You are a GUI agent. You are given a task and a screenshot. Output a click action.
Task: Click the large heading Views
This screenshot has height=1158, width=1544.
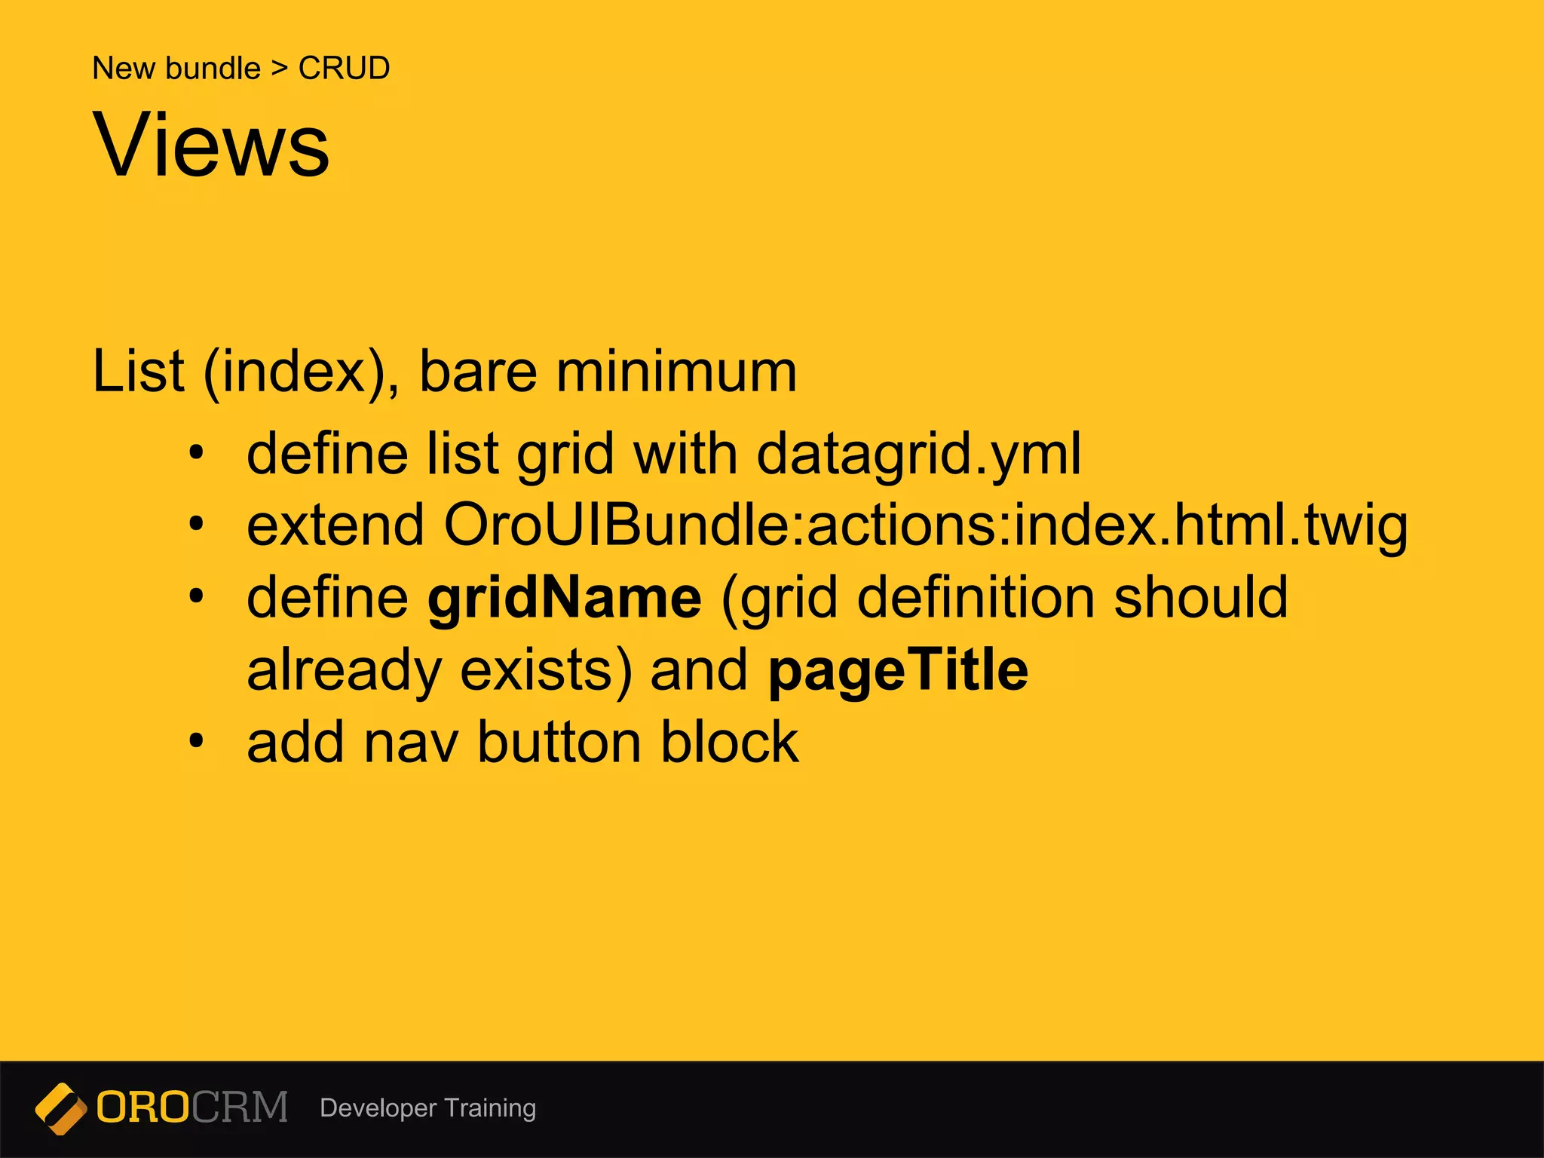click(211, 145)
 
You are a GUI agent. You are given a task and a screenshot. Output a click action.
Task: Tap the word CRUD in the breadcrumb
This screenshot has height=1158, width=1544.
click(344, 69)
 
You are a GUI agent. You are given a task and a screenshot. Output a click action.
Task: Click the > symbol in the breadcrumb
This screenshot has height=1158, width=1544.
click(280, 69)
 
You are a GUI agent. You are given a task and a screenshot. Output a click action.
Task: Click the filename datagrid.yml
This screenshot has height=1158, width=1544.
click(918, 455)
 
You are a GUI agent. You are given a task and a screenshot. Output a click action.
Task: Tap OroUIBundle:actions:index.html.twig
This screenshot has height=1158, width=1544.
click(925, 525)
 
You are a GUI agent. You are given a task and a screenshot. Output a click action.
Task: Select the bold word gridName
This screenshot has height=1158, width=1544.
click(565, 599)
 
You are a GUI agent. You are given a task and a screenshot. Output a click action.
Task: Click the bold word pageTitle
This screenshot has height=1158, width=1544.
click(898, 670)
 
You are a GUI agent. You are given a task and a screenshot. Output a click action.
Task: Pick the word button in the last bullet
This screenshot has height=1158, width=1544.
click(559, 743)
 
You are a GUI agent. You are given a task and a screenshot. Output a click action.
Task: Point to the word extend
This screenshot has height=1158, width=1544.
click(335, 525)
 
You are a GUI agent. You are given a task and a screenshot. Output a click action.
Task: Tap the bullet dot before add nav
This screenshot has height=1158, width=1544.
click(197, 741)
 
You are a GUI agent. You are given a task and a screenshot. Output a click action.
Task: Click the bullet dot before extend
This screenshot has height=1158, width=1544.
click(197, 523)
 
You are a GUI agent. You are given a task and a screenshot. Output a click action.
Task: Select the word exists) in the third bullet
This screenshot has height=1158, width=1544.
click(546, 670)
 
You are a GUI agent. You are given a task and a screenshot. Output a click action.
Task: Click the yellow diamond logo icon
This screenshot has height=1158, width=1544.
click(61, 1108)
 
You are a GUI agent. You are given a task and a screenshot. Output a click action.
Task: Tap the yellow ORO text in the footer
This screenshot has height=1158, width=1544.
click(142, 1108)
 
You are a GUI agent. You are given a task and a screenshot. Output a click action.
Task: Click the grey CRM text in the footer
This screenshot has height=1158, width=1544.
click(240, 1108)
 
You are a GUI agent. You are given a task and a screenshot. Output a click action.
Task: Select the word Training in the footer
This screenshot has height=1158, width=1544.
click(490, 1108)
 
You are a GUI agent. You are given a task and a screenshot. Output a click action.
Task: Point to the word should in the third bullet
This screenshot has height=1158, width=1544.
click(1201, 599)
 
